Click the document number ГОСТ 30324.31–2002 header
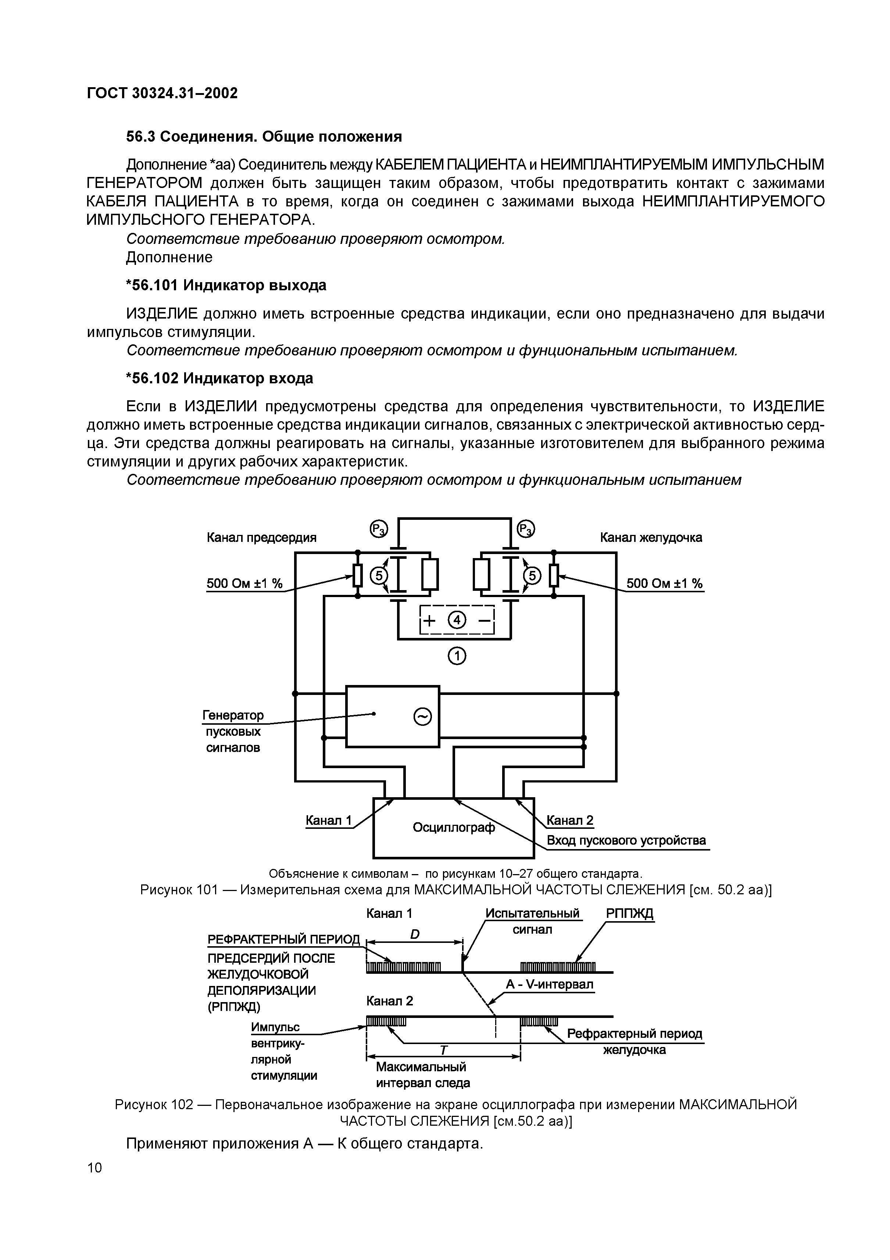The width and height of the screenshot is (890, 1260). point(162,94)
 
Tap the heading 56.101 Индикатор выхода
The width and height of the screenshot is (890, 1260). point(226,285)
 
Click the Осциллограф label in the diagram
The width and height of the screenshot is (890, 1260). point(454,827)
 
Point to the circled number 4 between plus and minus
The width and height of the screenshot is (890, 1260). point(457,621)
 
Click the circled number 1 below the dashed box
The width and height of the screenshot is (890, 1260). point(457,656)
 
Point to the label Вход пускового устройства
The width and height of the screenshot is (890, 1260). point(626,840)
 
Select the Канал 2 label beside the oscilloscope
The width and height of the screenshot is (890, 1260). point(570,820)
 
